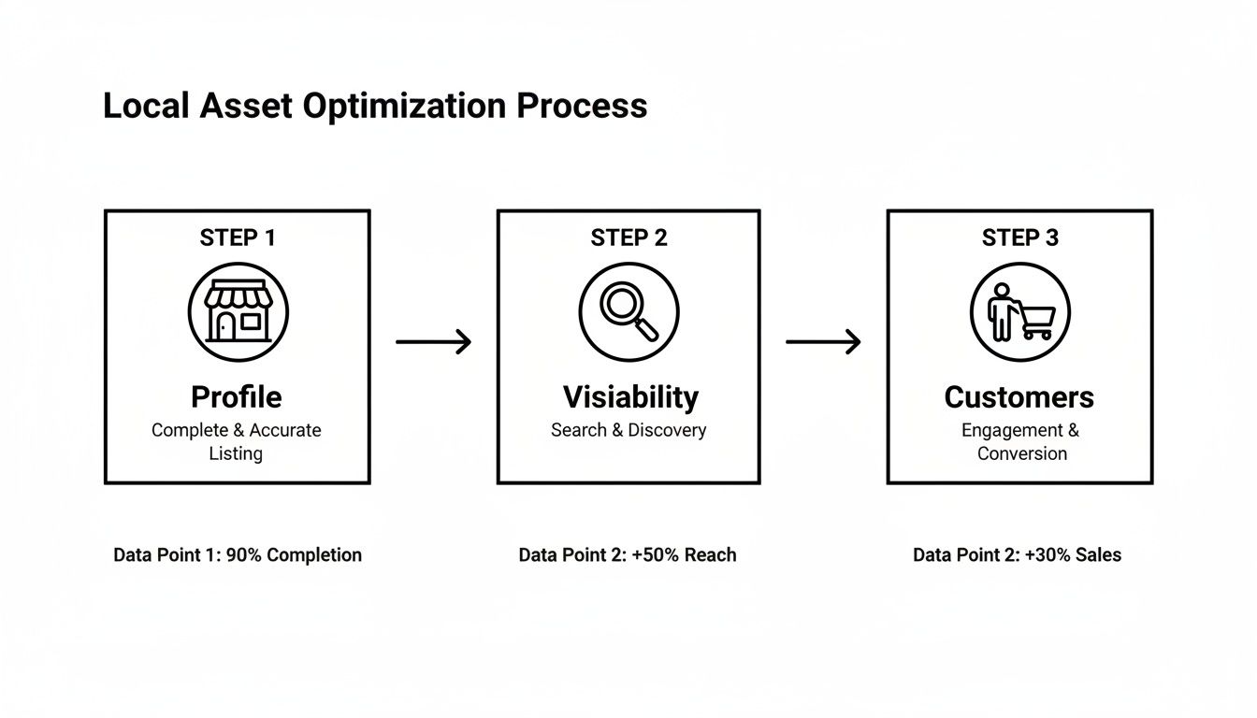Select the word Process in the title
[x=582, y=106]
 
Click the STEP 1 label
[x=238, y=238]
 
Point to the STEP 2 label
[x=628, y=238]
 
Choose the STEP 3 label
[x=1019, y=238]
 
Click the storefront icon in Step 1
[x=238, y=311]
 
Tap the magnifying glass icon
[x=628, y=311]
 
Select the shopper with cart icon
[x=1019, y=311]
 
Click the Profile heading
[x=237, y=397]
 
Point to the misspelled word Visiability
[x=629, y=397]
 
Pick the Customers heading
[x=1019, y=397]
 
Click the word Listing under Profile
[x=236, y=454]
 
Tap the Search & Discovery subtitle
[x=628, y=430]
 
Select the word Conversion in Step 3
[x=1021, y=454]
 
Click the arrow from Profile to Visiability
[x=433, y=342]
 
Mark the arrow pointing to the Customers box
[x=823, y=342]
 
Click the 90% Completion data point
[x=238, y=555]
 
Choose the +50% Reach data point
[x=628, y=555]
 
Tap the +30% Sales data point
[x=1017, y=555]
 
